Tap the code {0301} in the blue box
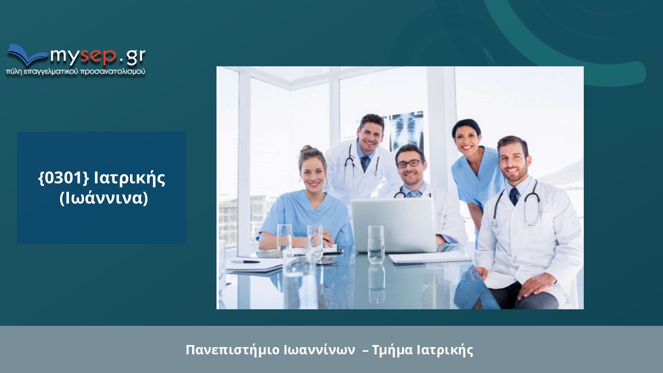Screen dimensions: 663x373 (64, 178)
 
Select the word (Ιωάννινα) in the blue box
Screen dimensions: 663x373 (104, 198)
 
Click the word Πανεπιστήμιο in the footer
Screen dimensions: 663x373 (233, 350)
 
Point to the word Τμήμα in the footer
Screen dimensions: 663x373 (392, 350)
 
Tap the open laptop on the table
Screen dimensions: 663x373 (394, 225)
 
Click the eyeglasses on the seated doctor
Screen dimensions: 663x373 (410, 164)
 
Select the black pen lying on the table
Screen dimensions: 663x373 (245, 262)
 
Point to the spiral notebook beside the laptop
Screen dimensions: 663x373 (430, 258)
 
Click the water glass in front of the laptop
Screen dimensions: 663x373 (376, 245)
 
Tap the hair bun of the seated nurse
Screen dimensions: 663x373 (306, 149)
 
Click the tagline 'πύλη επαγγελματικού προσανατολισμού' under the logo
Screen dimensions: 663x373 (76, 72)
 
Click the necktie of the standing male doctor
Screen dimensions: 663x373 (365, 163)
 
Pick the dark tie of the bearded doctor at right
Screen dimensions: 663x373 (514, 196)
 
